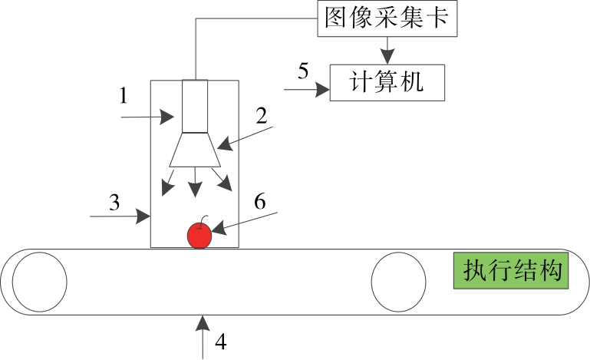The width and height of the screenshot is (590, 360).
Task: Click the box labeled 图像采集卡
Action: (x=386, y=18)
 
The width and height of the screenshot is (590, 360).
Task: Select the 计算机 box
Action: (x=387, y=81)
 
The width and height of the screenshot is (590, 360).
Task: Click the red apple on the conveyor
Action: (x=200, y=236)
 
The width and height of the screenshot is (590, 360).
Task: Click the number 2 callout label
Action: (x=261, y=116)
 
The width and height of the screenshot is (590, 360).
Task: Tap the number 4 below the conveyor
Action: (x=221, y=342)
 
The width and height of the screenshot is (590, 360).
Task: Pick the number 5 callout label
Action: (x=303, y=71)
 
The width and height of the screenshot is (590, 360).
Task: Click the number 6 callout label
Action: (x=259, y=201)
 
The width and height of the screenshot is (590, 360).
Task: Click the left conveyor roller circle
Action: (x=39, y=282)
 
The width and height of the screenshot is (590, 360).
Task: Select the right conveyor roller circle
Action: (x=397, y=282)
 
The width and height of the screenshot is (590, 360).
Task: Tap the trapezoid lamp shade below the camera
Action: (x=195, y=149)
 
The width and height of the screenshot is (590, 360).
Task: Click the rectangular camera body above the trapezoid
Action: (x=195, y=106)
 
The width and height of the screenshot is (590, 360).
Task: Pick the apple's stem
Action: (x=204, y=218)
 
